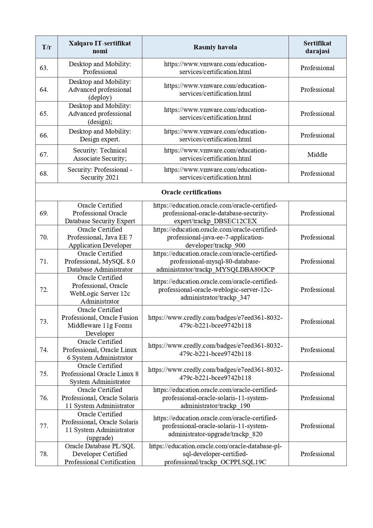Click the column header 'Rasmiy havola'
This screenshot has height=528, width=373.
215,47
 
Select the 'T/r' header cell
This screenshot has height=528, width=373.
47,47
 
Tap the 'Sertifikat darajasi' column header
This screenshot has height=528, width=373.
317,47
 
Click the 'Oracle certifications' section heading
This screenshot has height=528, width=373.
191,192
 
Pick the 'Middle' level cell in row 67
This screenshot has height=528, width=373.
317,155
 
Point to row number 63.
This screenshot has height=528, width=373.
44,68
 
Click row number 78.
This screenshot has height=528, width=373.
44,454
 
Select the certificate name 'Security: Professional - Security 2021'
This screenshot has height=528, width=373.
100,174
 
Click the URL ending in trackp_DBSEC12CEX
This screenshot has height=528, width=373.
215,213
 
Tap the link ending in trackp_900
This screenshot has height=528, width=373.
215,237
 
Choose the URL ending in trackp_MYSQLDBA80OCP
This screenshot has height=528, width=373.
215,261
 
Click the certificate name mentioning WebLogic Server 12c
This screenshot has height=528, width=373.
100,289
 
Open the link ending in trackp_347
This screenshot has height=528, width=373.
215,289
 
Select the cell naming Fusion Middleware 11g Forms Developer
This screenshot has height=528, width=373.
100,322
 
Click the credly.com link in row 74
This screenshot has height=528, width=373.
215,350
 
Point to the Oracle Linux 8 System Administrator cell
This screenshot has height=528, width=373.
100,374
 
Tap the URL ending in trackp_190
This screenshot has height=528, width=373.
215,398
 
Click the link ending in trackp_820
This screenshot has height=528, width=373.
215,426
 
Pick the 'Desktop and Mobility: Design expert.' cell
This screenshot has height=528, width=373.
100,135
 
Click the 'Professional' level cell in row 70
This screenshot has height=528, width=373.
317,237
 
